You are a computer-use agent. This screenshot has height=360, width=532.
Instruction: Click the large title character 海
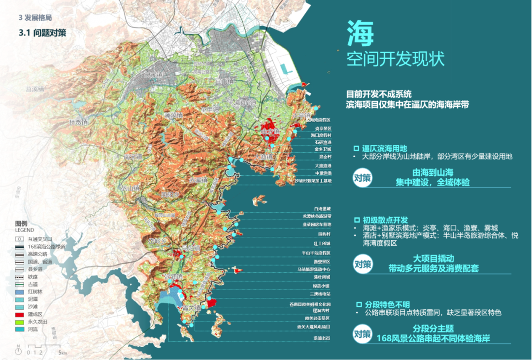[x=361, y=33]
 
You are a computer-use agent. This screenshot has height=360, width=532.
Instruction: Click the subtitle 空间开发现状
[x=396, y=59]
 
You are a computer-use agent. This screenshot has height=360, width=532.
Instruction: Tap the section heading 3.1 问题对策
[x=42, y=33]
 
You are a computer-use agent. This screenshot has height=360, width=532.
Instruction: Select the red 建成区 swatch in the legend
[x=20, y=314]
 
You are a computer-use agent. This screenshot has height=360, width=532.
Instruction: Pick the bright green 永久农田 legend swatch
[x=20, y=321]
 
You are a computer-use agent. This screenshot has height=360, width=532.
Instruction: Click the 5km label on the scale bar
[x=62, y=353]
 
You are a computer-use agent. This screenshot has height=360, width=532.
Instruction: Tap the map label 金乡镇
[x=270, y=131]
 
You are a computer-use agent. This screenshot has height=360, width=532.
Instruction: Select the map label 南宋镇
[x=133, y=157]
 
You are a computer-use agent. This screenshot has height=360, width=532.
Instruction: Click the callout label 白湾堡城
[x=322, y=209]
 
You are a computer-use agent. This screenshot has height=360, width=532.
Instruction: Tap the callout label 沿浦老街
[x=322, y=338]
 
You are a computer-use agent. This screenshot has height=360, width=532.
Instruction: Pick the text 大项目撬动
[x=433, y=258]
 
